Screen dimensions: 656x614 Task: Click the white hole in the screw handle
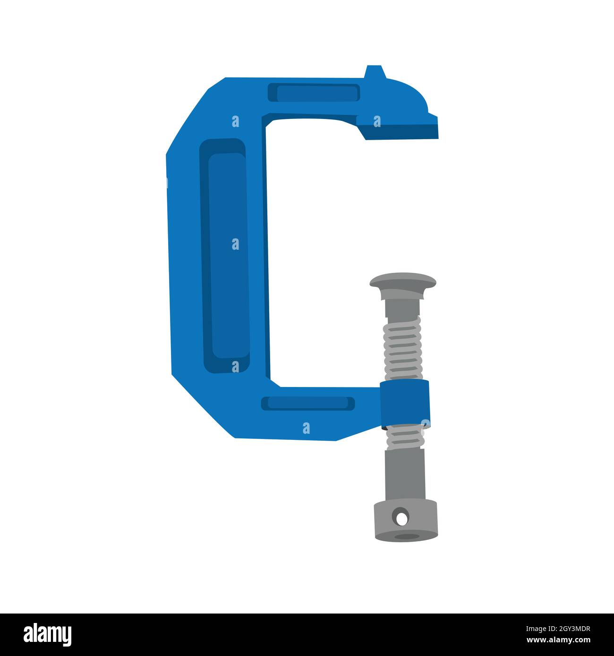click(401, 518)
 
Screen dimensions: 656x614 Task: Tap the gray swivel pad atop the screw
click(402, 282)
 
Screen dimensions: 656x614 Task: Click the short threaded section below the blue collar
click(404, 437)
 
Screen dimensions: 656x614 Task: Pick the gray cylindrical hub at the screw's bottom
click(405, 521)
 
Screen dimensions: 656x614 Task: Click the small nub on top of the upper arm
click(375, 73)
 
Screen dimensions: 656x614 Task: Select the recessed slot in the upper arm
click(314, 93)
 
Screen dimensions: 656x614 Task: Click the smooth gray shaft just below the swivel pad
click(401, 304)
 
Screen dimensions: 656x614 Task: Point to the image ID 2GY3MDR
click(565, 628)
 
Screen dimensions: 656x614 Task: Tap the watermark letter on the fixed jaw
click(377, 122)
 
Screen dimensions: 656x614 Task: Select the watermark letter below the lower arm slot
click(307, 428)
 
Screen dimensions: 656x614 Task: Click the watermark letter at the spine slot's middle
click(235, 244)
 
